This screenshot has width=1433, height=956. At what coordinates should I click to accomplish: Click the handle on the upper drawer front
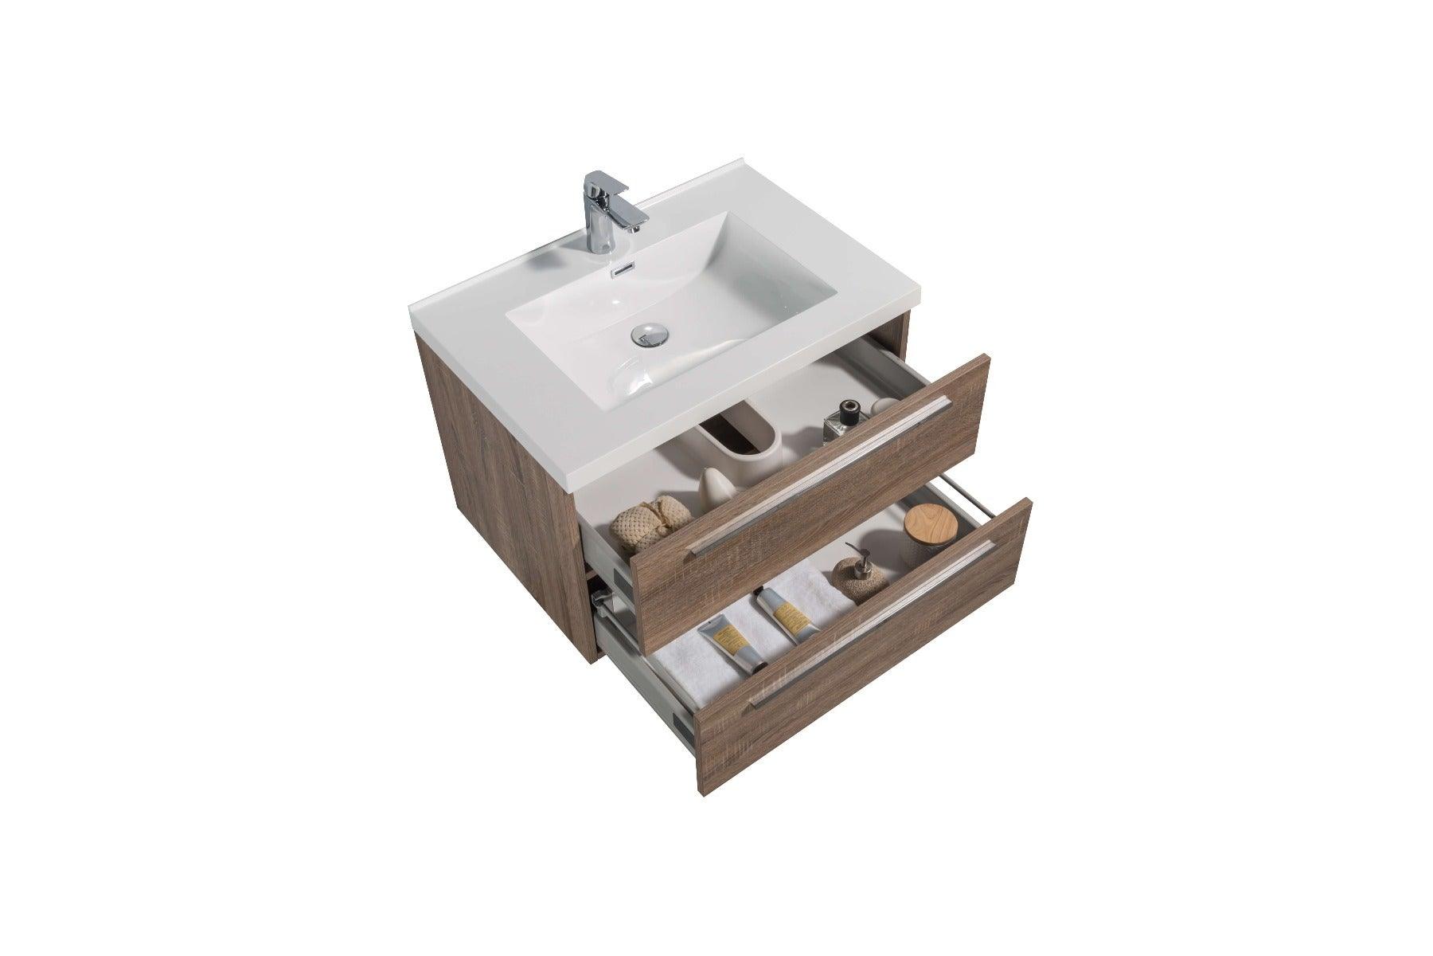[x=820, y=475]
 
